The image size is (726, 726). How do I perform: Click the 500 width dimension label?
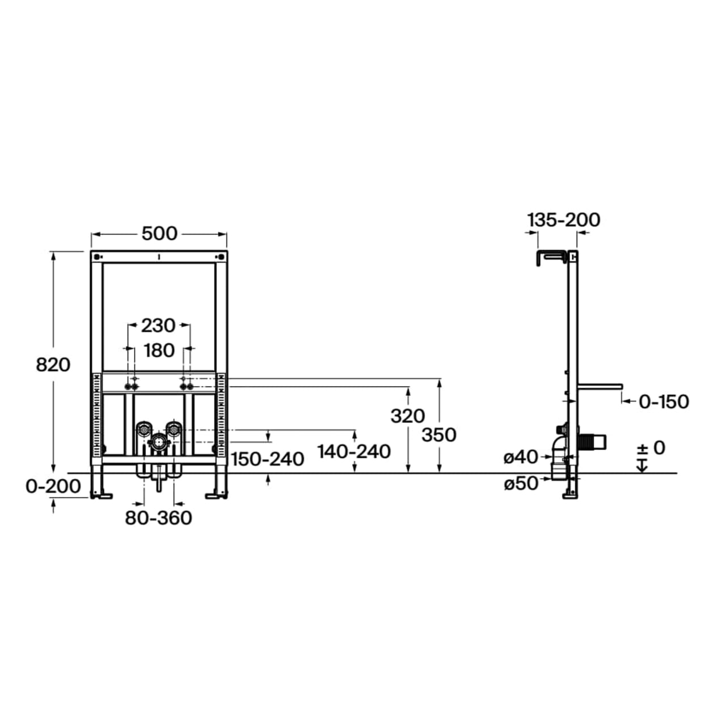click(159, 234)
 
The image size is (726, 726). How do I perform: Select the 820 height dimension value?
click(53, 365)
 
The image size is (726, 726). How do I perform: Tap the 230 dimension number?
click(158, 326)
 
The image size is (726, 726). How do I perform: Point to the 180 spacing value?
click(159, 351)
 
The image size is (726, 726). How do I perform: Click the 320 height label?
click(408, 416)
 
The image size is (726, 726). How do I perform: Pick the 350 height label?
click(439, 435)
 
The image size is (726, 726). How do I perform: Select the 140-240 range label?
click(354, 451)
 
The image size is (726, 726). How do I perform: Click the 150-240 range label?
click(267, 459)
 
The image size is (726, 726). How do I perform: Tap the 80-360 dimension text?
click(159, 518)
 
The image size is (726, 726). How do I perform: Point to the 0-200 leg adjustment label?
click(53, 487)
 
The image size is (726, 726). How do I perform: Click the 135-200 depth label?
click(564, 220)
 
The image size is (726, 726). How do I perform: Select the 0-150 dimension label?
click(664, 402)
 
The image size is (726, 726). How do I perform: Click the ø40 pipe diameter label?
click(521, 457)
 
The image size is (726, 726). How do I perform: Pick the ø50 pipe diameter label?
click(521, 484)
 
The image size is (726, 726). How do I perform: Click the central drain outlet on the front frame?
click(158, 441)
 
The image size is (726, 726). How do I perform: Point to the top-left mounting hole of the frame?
click(98, 257)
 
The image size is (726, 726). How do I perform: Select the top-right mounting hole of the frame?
click(221, 257)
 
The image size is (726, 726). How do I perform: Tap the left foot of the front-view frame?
click(101, 496)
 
